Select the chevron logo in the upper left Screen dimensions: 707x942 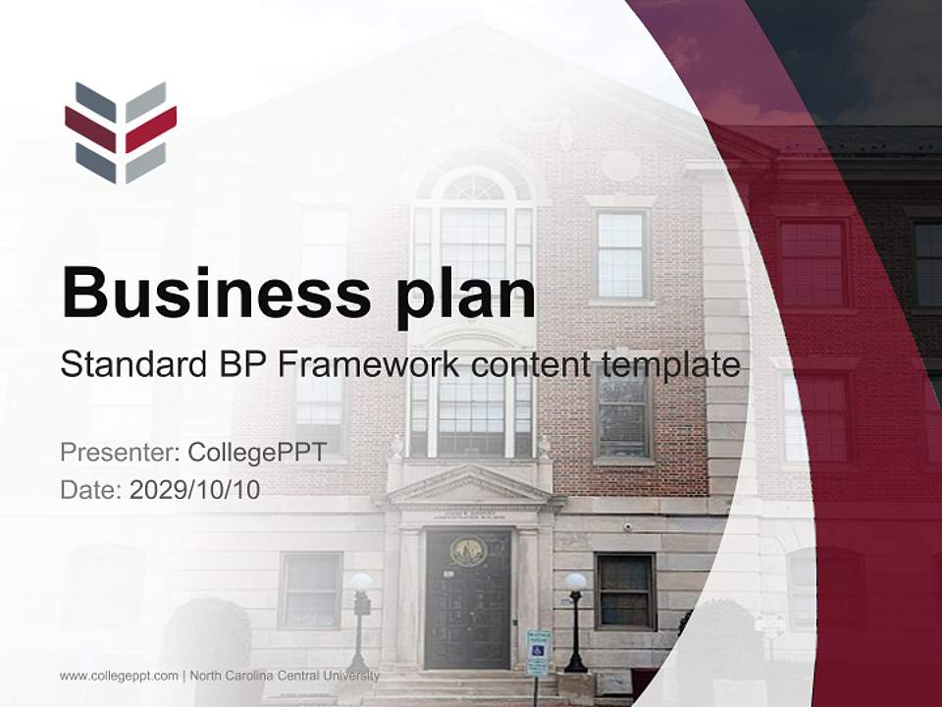[121, 133]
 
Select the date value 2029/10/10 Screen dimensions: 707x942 [195, 490]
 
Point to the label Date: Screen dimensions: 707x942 [91, 490]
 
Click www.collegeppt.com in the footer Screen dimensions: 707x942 [119, 676]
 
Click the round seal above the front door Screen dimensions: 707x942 [468, 551]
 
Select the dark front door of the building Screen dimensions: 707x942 [468, 609]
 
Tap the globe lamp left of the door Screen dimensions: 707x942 [361, 582]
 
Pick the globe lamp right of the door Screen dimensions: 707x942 [575, 582]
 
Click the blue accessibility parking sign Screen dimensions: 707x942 [538, 651]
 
